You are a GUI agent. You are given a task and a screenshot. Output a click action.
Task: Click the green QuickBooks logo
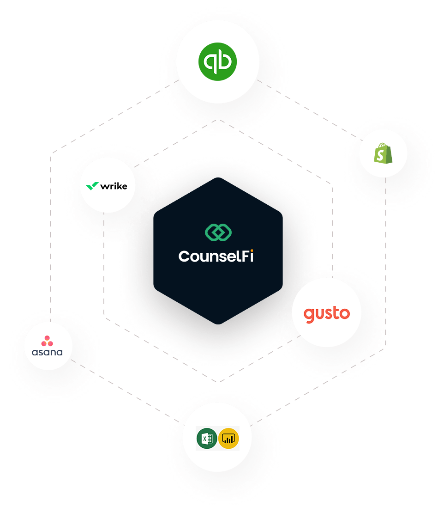click(217, 62)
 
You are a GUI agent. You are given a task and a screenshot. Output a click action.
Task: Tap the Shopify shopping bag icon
click(383, 153)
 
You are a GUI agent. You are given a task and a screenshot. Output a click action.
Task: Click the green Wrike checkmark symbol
click(92, 186)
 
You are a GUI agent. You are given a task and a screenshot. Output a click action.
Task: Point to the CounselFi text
click(216, 256)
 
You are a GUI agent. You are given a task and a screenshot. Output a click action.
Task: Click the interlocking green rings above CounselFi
click(218, 232)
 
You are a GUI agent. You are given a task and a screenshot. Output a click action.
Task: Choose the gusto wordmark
click(326, 314)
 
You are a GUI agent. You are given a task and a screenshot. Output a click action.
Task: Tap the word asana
click(47, 352)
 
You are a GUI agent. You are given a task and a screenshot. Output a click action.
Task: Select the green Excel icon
click(206, 438)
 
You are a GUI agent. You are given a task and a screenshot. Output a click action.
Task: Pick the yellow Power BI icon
click(228, 438)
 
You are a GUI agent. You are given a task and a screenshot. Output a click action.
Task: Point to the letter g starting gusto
click(309, 315)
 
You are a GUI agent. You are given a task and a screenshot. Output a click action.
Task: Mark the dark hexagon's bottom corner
click(218, 324)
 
